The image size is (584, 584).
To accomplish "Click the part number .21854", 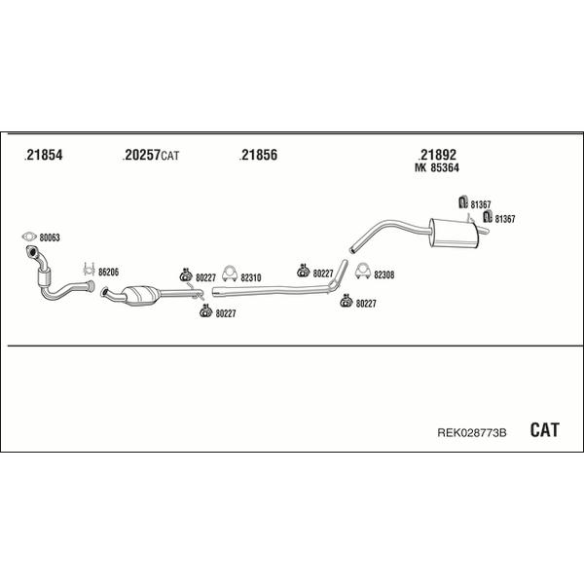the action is (43, 155).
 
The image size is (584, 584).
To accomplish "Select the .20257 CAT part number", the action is (151, 155).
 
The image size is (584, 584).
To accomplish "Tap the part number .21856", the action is (258, 155).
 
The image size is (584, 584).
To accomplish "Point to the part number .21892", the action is (437, 155).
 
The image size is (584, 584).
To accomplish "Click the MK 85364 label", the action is (436, 168).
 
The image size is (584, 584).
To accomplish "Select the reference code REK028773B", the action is (471, 433).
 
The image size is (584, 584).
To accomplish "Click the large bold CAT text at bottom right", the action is (544, 430).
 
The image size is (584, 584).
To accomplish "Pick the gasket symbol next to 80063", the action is (29, 237).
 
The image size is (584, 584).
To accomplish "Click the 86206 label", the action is (108, 273).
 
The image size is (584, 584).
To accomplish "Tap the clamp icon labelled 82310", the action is (230, 273).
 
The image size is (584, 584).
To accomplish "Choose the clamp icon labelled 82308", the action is (363, 271).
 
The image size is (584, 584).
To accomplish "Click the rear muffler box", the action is (453, 234).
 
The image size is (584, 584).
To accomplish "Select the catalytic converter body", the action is (141, 295).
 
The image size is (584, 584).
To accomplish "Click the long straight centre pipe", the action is (272, 290).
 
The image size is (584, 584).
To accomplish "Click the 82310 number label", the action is (251, 277).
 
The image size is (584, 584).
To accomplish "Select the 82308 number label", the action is (384, 274).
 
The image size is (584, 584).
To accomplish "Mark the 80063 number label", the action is (50, 237).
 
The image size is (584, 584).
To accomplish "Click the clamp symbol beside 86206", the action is (89, 269).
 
